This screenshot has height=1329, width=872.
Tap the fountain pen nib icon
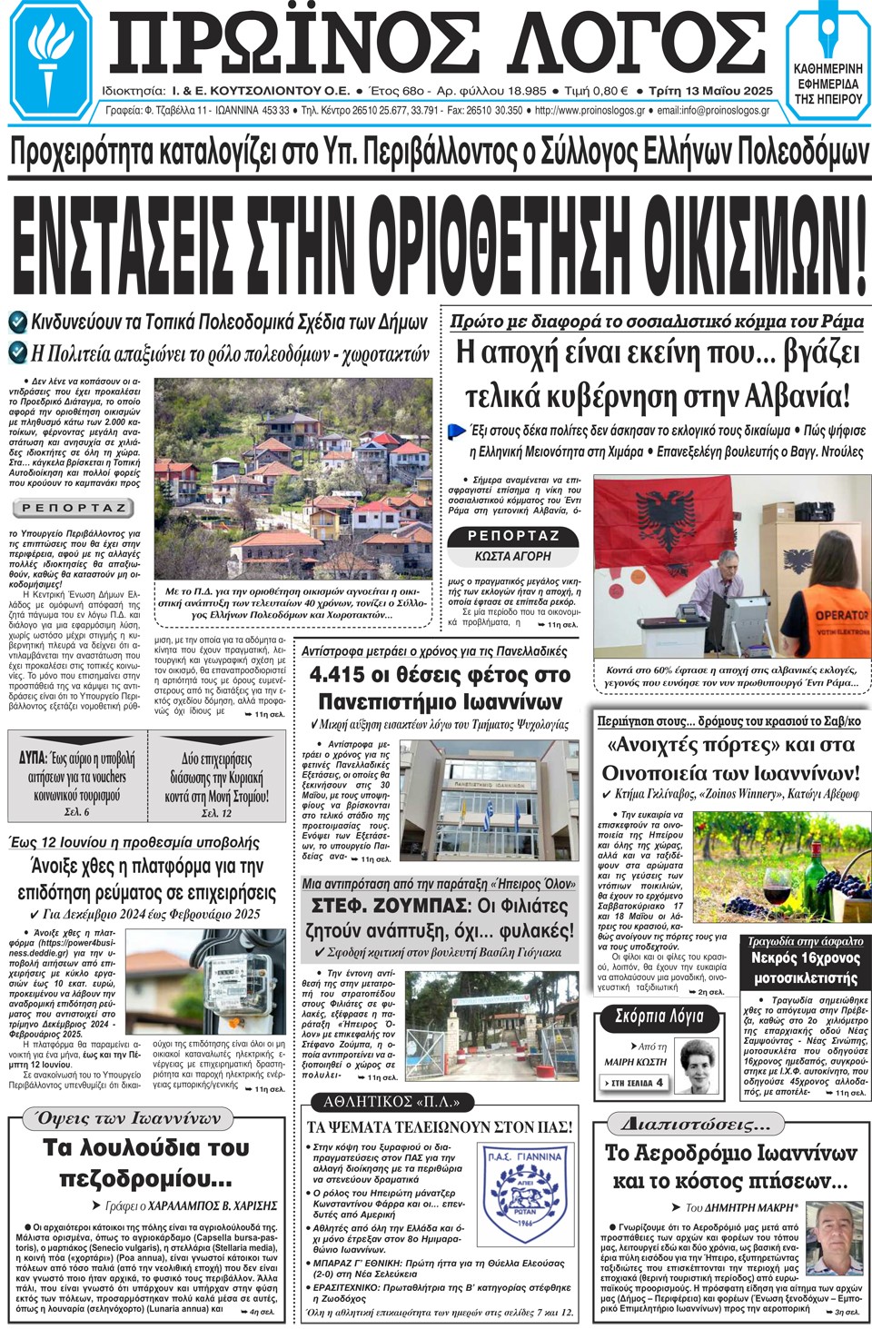point(827,33)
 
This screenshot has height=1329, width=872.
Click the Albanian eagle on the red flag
point(666,514)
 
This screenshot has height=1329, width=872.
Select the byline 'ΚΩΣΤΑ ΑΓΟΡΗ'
point(512,555)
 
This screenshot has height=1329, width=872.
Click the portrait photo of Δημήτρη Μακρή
point(833,1238)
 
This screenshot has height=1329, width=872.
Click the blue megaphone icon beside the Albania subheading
point(458,430)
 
